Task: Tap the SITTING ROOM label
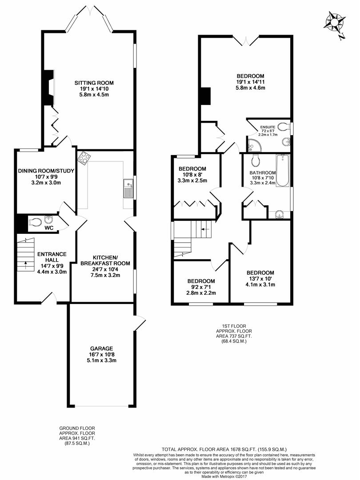pos(94,83)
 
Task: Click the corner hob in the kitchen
pos(84,157)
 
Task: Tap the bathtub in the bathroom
pos(282,171)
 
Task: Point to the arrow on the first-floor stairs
pos(204,229)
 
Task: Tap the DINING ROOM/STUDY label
pos(46,171)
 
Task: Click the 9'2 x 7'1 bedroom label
pos(201,281)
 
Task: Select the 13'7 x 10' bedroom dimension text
pos(260,279)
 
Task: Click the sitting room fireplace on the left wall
pos(49,88)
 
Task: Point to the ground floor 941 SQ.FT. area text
pos(77,438)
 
